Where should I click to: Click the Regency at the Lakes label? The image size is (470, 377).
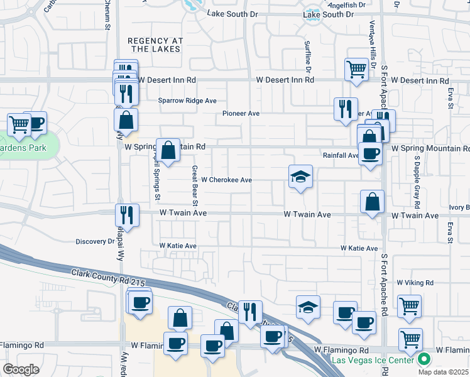click(155, 45)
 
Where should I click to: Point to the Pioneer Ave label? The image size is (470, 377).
click(241, 114)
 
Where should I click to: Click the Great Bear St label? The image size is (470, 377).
click(195, 185)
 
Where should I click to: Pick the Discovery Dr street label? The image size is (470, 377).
click(95, 241)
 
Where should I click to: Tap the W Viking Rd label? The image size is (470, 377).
click(415, 283)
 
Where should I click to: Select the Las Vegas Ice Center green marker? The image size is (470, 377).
click(424, 360)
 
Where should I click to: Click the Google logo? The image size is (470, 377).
click(21, 369)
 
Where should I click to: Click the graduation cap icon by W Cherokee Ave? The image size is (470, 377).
click(301, 177)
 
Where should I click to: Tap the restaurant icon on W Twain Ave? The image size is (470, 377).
click(128, 214)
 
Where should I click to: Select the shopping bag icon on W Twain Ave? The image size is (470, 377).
click(373, 202)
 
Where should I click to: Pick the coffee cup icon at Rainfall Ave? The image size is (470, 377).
click(371, 153)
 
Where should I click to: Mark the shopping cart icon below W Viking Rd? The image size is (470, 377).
click(410, 306)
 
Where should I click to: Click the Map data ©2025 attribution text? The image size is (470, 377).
click(443, 371)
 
